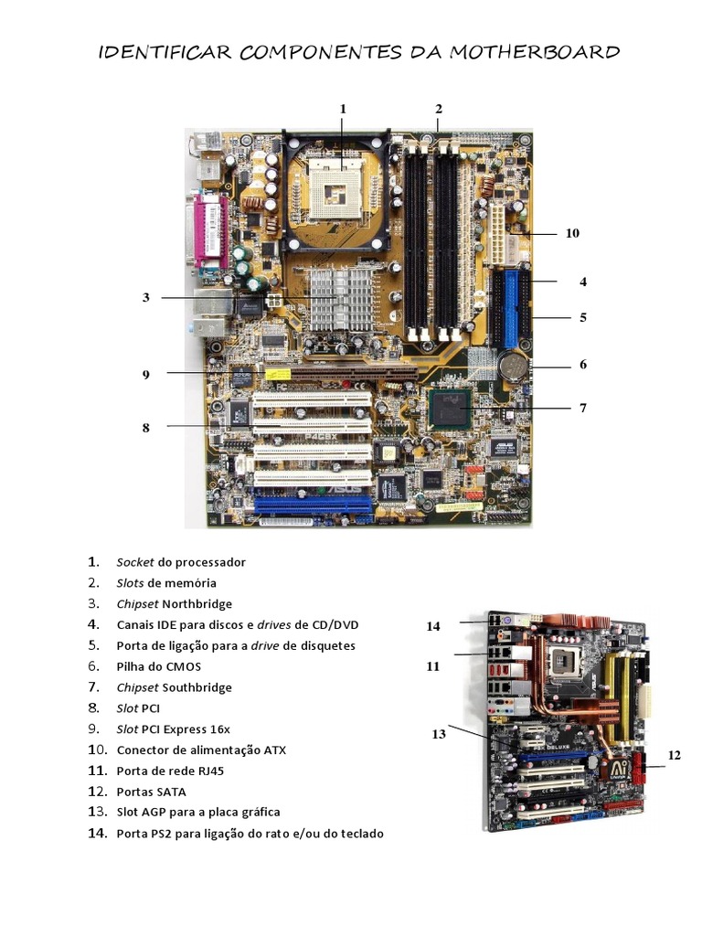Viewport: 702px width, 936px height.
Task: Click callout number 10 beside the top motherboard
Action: click(x=572, y=233)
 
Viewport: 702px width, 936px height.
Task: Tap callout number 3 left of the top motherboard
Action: click(x=145, y=297)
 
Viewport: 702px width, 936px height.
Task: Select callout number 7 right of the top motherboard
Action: click(x=582, y=408)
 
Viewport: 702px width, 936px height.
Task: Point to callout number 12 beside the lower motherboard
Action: click(x=675, y=755)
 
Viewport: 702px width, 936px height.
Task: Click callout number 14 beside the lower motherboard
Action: click(x=433, y=626)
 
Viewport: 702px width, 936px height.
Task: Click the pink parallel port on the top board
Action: click(x=208, y=229)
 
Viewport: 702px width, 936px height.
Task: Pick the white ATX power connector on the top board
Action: click(x=499, y=232)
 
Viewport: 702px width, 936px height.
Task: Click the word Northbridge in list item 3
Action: click(x=197, y=604)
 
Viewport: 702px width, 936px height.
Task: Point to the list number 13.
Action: click(x=97, y=813)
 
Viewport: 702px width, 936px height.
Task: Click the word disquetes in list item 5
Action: click(x=324, y=646)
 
